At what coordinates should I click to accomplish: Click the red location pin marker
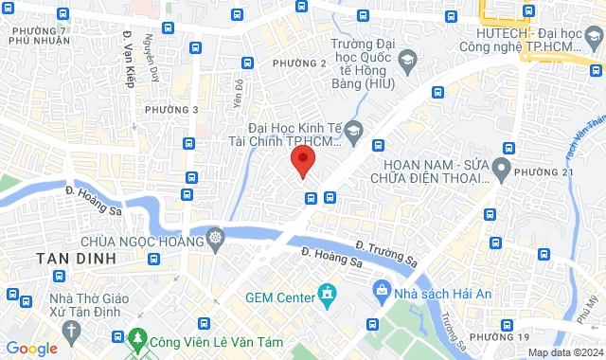[302, 161]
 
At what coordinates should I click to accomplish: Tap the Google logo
[31, 349]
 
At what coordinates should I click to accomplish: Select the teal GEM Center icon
[327, 294]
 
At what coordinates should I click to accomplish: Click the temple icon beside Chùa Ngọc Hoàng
[216, 236]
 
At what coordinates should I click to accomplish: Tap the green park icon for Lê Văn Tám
[138, 337]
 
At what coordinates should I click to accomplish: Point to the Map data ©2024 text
[563, 352]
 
